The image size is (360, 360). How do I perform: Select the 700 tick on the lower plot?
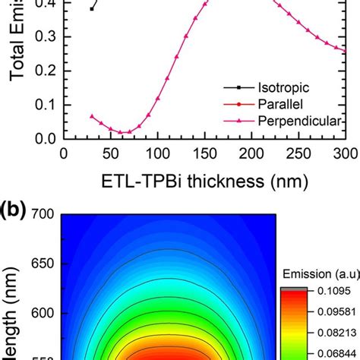pos(42,214)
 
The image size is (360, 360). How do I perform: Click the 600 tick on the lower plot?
pos(42,313)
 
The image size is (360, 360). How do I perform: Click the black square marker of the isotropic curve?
pos(92,9)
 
